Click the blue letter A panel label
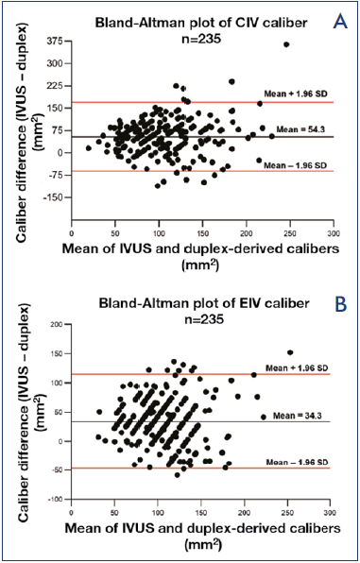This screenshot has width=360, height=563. coord(339,22)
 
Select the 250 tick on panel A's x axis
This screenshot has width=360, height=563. coord(290,233)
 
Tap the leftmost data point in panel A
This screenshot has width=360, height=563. coord(89,148)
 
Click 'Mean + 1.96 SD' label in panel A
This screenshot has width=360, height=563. coord(295,94)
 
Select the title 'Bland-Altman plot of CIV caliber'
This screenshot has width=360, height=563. coord(201,24)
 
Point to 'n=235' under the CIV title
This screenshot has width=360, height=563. coord(200,38)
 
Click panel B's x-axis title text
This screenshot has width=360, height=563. coord(201,537)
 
